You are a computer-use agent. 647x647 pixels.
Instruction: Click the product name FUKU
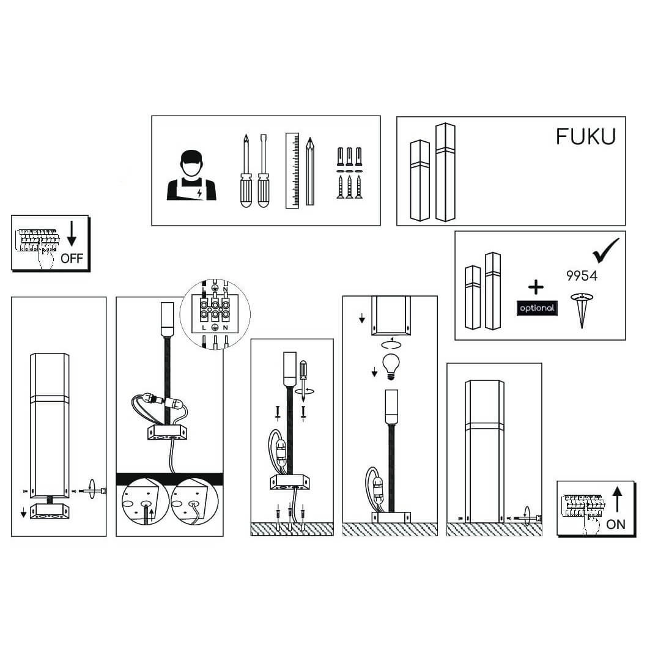585,136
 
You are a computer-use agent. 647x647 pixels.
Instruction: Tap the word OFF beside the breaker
72,258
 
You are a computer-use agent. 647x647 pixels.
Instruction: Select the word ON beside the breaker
616,525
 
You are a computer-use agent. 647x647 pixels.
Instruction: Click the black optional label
537,308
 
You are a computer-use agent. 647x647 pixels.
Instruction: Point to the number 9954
582,276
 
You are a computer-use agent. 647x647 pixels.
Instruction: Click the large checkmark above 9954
605,251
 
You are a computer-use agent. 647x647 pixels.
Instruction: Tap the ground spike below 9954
582,310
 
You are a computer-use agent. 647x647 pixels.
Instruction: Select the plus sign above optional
536,287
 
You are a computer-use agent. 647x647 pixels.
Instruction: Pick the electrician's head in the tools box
192,164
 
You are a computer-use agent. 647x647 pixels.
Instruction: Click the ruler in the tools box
292,171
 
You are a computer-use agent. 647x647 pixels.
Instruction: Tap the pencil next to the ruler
310,171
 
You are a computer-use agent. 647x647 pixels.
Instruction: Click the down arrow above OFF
72,234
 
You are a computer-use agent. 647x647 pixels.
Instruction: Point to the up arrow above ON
617,500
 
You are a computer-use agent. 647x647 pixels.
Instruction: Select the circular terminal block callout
215,314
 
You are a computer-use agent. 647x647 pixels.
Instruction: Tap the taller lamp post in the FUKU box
445,172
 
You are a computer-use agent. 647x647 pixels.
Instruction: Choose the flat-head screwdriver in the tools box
263,171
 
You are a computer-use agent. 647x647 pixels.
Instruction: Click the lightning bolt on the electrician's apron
200,193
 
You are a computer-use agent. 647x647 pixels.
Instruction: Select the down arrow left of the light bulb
374,372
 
